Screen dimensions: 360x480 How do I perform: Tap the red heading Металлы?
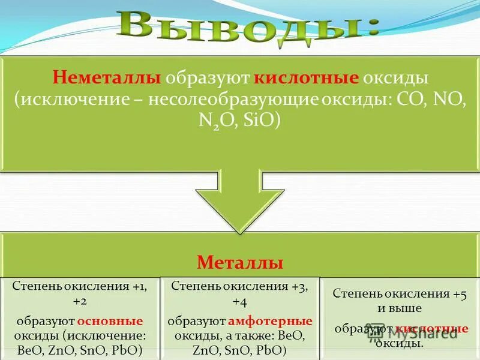pos(240,263)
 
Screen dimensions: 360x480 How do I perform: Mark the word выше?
pos(409,308)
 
